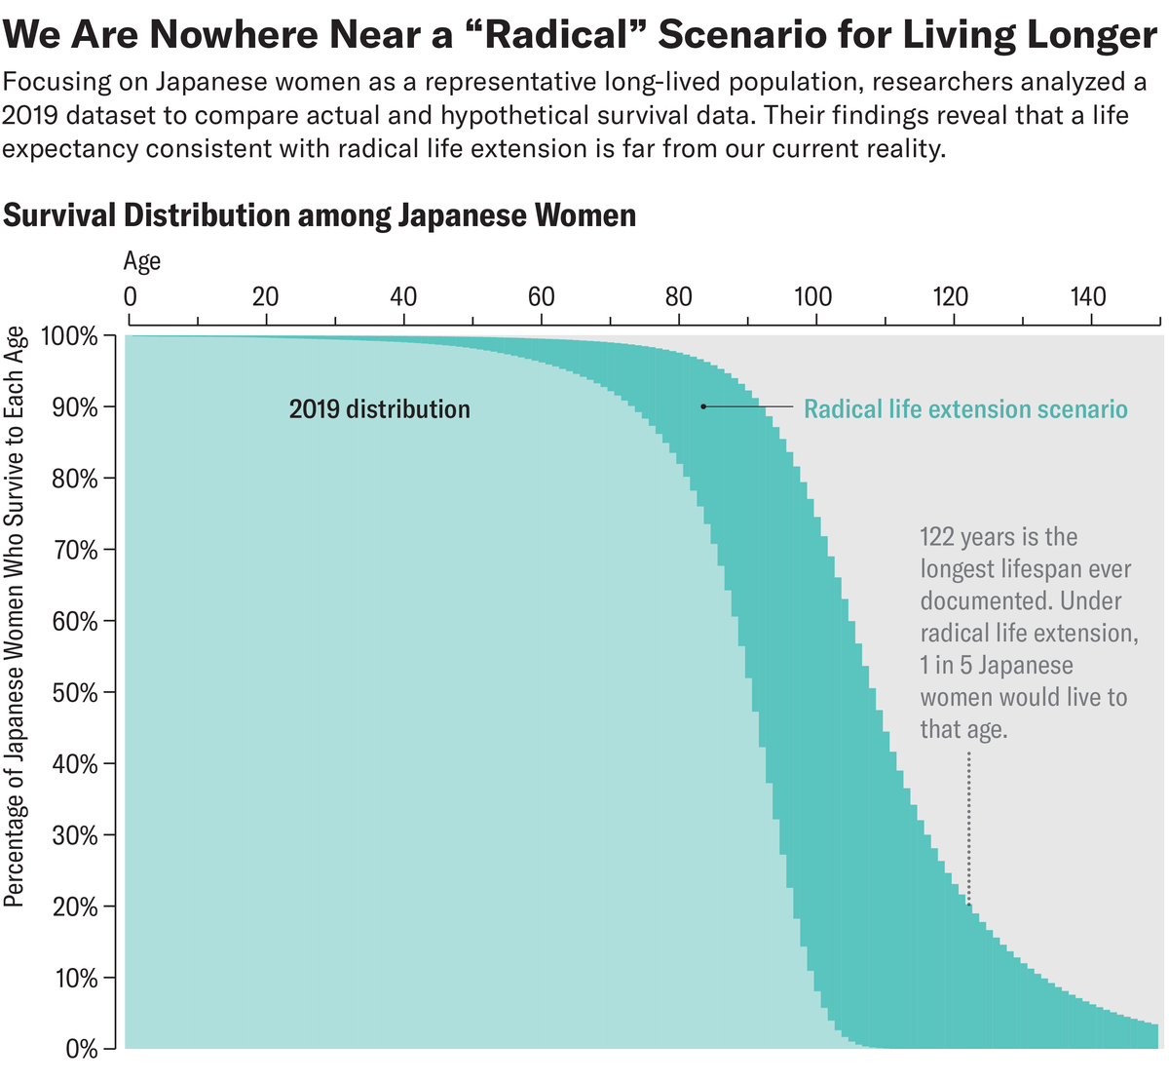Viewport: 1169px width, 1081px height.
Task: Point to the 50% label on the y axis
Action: (x=75, y=694)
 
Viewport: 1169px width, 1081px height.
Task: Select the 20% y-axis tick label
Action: (x=75, y=907)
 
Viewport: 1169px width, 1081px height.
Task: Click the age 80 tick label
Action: (x=678, y=296)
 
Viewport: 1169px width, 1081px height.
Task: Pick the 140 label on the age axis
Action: (x=1088, y=296)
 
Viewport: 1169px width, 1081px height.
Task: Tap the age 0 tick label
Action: (x=130, y=296)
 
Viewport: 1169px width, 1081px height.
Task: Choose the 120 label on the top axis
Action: (x=950, y=296)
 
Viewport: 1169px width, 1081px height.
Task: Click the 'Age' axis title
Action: (x=142, y=261)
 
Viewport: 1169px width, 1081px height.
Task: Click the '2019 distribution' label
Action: (x=379, y=409)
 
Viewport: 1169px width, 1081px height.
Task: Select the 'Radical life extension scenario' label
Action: (x=965, y=409)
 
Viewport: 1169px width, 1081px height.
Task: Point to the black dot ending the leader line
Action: (x=703, y=406)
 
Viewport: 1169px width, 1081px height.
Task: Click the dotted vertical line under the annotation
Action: (x=968, y=829)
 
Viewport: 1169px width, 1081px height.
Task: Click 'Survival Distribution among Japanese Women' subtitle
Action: (x=320, y=214)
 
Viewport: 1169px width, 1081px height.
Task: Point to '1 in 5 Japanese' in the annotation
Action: (x=997, y=666)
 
